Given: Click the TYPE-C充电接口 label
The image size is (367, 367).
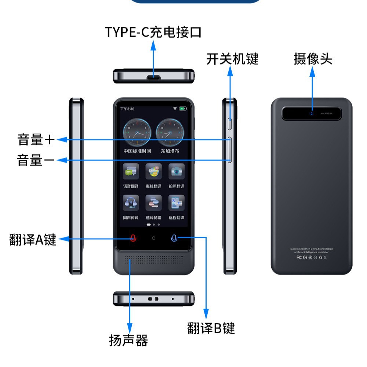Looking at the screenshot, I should point(153,32).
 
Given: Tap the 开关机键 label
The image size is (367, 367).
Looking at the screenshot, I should point(232,59).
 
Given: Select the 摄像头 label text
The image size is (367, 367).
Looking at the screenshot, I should point(313,59).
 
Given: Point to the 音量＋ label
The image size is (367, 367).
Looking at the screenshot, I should point(36,140).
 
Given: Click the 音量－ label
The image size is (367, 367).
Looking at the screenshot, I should point(36,160).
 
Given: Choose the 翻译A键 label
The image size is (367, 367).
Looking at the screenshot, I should point(33,240).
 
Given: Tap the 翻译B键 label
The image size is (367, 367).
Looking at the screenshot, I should point(211,328).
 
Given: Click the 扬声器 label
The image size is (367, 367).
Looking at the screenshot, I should point(128,341).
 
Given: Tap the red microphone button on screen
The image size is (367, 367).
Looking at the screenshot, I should point(133,238).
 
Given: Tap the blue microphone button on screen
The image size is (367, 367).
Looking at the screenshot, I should point(174,238).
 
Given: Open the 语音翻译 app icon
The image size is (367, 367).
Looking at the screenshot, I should point(131,171).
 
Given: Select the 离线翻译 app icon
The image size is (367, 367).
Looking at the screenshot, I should point(153,171).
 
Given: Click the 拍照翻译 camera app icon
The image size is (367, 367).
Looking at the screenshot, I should point(176,171).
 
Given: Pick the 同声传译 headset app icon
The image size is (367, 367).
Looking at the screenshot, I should point(131,203).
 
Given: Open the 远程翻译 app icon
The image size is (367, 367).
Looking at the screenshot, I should point(176,203).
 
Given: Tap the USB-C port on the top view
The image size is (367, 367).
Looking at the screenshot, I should point(153,77).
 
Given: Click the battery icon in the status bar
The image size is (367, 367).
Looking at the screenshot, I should point(183,109).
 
